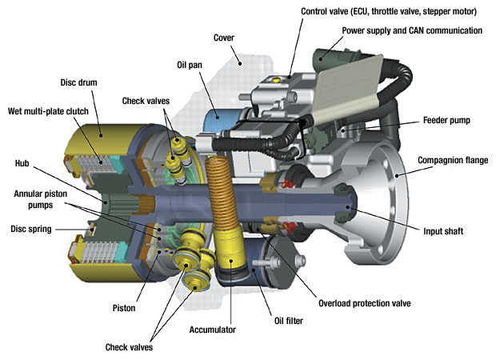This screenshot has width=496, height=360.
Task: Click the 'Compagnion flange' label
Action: (453, 161)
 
